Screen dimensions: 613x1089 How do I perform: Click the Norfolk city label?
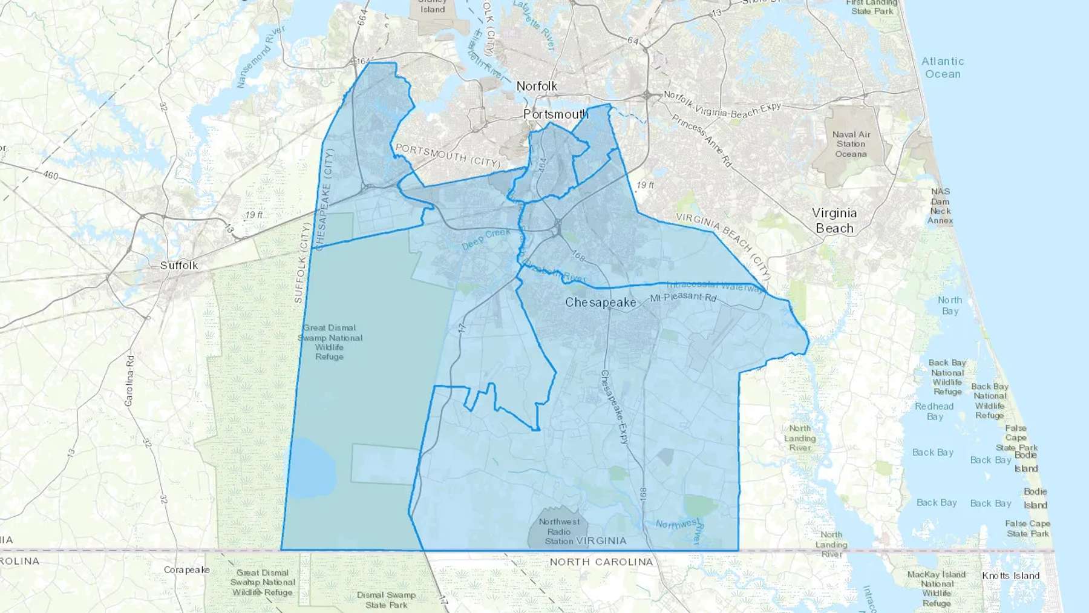tap(537, 87)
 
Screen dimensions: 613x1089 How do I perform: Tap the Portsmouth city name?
tap(555, 114)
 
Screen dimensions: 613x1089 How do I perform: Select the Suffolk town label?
tap(179, 266)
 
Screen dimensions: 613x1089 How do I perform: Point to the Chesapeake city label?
tap(600, 303)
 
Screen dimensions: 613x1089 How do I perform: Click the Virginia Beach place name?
tap(834, 221)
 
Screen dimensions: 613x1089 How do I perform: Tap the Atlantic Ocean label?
tap(943, 68)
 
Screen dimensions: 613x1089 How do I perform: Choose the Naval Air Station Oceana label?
tap(851, 144)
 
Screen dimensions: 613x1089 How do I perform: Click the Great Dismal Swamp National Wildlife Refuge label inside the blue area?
tap(330, 343)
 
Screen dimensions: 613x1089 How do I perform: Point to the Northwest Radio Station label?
tap(559, 531)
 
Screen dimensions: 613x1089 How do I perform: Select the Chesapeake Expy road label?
tap(615, 407)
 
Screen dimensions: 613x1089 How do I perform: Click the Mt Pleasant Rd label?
tap(684, 298)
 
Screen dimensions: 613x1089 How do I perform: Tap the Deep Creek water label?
tap(486, 240)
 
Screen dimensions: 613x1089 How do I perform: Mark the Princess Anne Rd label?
tap(701, 140)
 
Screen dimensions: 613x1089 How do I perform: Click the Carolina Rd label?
tap(130, 381)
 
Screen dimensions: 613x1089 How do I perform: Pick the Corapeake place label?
tap(187, 570)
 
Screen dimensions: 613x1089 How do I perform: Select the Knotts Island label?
tap(1010, 575)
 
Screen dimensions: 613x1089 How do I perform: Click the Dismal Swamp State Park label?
tap(386, 600)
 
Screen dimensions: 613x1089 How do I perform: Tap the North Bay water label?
tap(950, 306)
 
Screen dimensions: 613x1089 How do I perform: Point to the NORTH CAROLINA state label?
tap(601, 562)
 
